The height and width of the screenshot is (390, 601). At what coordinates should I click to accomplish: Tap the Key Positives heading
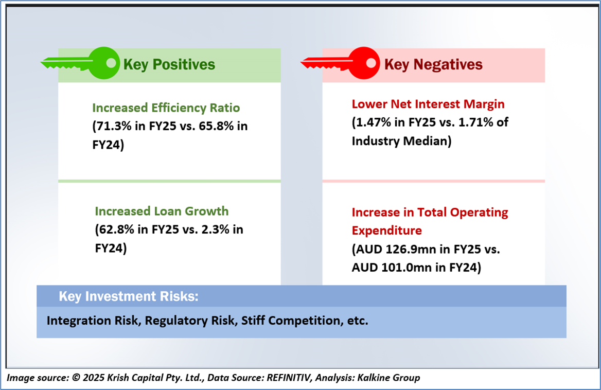coord(169,64)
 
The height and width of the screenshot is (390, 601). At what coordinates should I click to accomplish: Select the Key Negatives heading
coord(433,64)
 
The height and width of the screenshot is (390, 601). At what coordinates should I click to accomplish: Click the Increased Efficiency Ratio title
coord(166,108)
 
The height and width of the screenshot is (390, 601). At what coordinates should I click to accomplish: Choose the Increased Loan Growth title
coord(162,211)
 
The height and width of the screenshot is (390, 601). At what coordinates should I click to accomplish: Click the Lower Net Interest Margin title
coord(428,104)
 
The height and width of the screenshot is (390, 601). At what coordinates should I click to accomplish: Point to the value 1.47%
coord(373,122)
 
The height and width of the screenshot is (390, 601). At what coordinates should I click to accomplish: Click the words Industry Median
coord(401,141)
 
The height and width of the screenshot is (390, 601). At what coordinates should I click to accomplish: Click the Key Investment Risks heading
coord(129,296)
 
